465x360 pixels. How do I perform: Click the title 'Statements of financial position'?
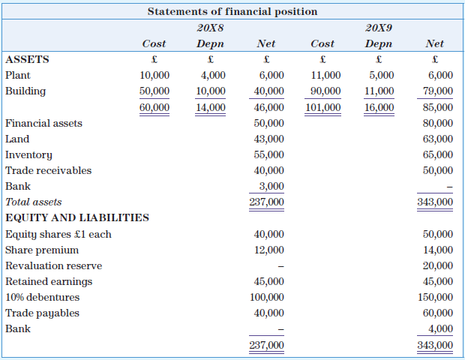coord(232,11)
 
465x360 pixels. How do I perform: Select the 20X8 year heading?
coord(210,28)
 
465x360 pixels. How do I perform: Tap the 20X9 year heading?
coord(379,28)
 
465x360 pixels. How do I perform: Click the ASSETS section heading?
coord(27,59)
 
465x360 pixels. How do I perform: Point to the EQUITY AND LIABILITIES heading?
coord(77,217)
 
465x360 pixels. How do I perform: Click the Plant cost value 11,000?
coord(325,75)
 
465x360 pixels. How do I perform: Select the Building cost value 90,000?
coord(325,91)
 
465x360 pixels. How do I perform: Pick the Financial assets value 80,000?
coord(438,123)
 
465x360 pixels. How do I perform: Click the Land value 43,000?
coord(269,139)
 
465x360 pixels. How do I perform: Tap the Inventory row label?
coord(28,154)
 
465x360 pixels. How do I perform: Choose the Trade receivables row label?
coord(48,170)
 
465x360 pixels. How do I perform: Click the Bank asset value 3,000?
coord(271,186)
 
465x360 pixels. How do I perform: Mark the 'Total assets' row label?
coord(33,202)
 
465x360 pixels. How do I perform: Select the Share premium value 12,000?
coord(269,250)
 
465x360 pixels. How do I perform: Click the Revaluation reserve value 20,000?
coord(438,265)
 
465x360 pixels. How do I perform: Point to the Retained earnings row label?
coord(49,281)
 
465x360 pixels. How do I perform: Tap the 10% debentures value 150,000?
coord(436,297)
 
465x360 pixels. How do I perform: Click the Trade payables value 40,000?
coord(269,313)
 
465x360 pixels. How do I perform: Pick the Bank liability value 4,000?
coord(440,328)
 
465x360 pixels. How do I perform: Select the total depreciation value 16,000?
coord(379,107)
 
